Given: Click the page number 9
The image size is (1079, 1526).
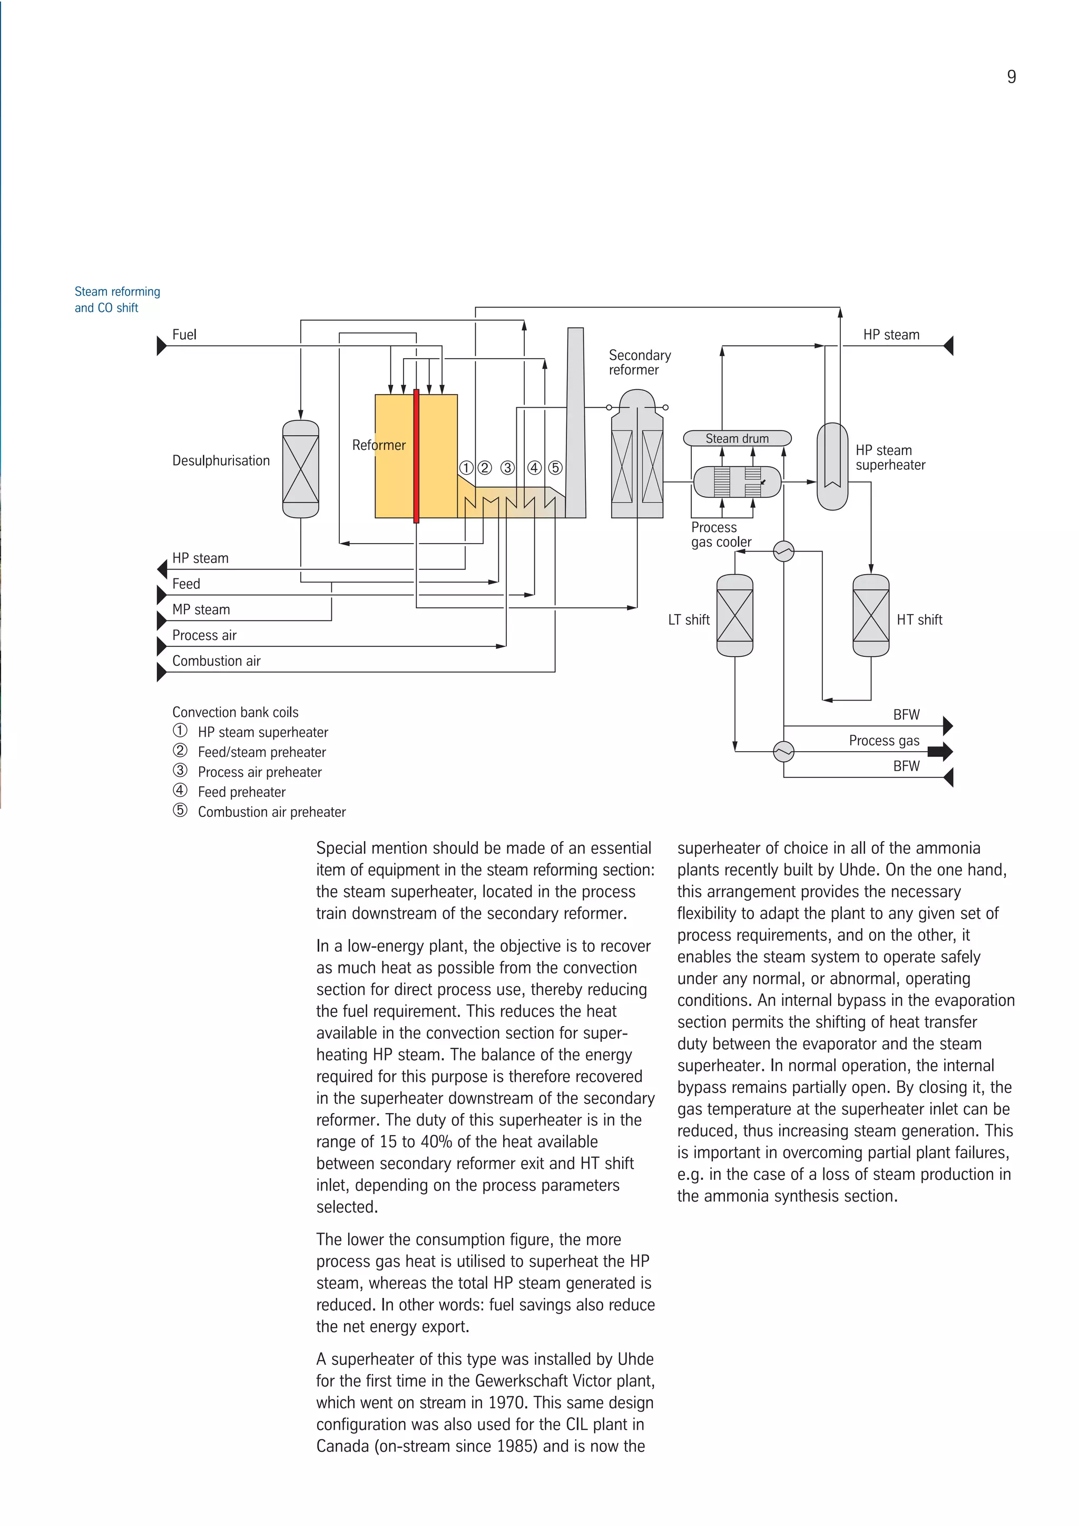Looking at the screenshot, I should pyautogui.click(x=1011, y=77).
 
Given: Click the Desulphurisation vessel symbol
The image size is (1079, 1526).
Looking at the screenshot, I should pyautogui.click(x=300, y=469).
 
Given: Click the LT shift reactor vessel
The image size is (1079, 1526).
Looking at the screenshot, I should pyautogui.click(x=734, y=615).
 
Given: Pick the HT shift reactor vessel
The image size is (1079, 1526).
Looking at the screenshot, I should pyautogui.click(x=870, y=615).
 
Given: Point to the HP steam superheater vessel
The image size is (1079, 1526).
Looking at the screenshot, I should pyautogui.click(x=832, y=467).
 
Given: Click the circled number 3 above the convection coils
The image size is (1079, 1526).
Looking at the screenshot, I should pyautogui.click(x=507, y=468).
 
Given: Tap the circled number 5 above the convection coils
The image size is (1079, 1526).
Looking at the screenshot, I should pyautogui.click(x=555, y=468).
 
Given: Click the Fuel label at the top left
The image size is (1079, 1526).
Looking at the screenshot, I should pyautogui.click(x=184, y=334).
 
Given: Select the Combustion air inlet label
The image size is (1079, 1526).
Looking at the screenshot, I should pyautogui.click(x=216, y=661).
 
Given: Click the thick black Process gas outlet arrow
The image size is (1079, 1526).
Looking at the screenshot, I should pyautogui.click(x=939, y=752).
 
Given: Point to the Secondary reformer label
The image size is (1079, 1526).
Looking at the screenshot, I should pyautogui.click(x=639, y=362).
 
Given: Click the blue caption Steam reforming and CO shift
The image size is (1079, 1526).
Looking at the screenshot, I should pyautogui.click(x=117, y=300).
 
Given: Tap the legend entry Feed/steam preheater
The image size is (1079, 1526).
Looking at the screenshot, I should pyautogui.click(x=261, y=752).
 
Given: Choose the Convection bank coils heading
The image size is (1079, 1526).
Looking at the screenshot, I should pyautogui.click(x=236, y=712).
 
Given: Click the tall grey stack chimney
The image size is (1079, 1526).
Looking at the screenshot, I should pyautogui.click(x=576, y=422).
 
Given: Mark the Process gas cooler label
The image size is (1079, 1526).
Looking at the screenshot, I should pyautogui.click(x=721, y=534).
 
